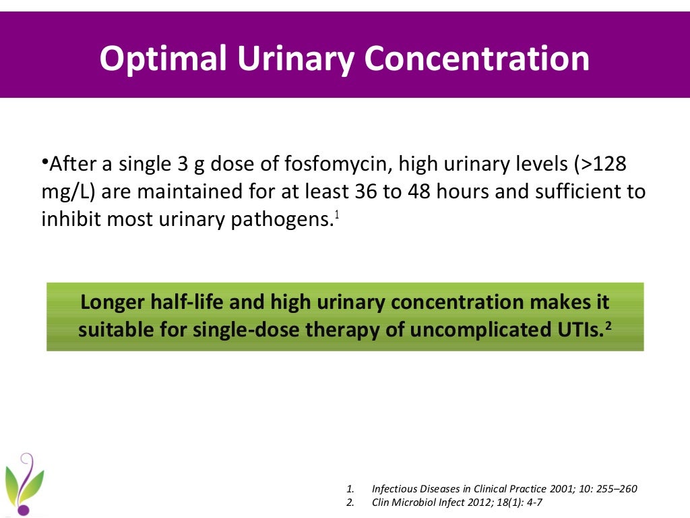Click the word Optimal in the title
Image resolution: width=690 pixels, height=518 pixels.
click(x=163, y=59)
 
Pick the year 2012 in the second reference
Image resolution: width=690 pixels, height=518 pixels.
click(x=468, y=502)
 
